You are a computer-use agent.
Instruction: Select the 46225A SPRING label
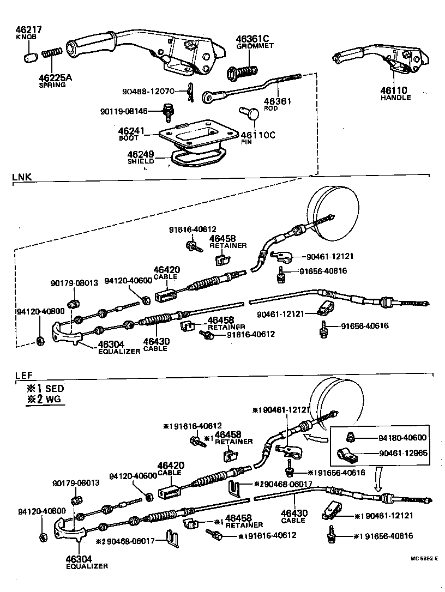tap(55, 81)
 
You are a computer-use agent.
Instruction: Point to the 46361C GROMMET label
tap(254, 43)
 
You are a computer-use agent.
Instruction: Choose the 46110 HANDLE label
tap(396, 94)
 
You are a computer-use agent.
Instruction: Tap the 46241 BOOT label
tap(131, 134)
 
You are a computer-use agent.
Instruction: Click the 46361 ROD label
tap(278, 104)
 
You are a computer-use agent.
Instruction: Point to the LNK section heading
tap(22, 177)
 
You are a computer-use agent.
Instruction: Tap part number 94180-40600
tap(402, 438)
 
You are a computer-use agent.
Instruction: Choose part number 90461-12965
tap(402, 453)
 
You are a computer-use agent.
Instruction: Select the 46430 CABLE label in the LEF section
tap(294, 516)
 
